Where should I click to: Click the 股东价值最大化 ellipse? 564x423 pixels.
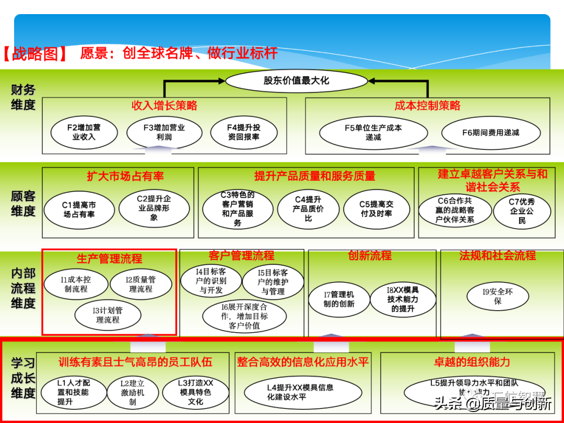[296, 81]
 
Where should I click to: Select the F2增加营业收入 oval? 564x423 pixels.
[84, 132]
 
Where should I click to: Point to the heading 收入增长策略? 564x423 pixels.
[164, 106]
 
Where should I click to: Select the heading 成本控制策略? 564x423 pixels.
[427, 106]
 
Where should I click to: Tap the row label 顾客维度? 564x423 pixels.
[23, 204]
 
